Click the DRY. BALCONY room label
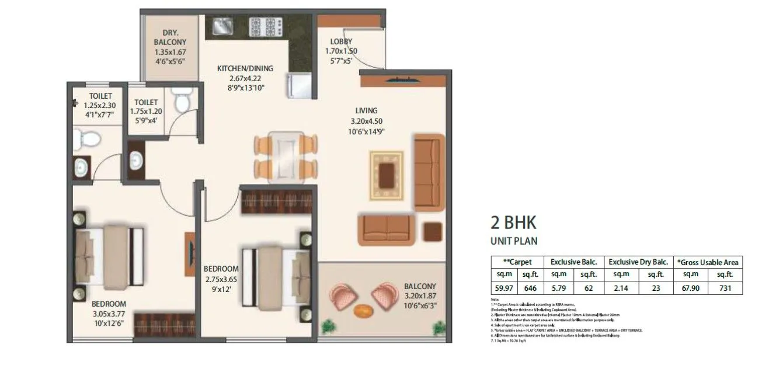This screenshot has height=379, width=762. coord(169,37)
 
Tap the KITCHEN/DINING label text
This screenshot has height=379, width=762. coord(245,68)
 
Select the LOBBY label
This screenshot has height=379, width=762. coord(341,41)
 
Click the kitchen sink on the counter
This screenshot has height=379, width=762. coord(222,26)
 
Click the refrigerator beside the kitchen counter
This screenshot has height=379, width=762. coord(298,85)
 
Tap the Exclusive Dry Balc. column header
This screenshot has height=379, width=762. coord(639,262)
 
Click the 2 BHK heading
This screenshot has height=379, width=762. coord(513,223)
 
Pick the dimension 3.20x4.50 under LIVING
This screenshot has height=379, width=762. coord(366,121)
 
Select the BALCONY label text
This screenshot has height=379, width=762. coord(420,286)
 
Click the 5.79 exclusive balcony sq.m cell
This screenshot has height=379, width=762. coord(559,288)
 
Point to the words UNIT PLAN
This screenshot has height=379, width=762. coord(513,240)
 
